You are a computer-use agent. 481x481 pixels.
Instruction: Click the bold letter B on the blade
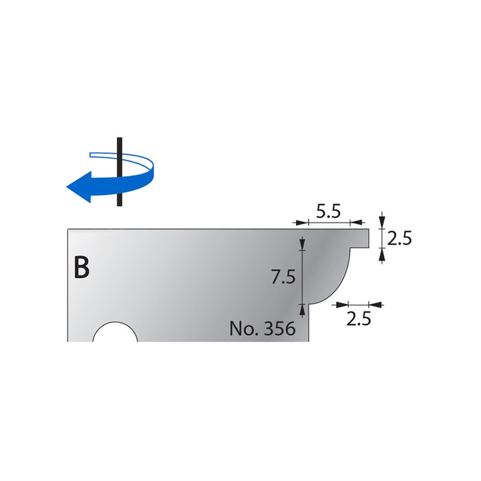(81, 267)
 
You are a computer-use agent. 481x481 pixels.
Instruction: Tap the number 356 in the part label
(277, 329)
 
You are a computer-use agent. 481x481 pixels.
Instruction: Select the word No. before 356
(243, 329)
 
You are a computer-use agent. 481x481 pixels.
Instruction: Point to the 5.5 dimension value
(329, 212)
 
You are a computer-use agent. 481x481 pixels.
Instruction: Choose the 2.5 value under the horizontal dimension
(359, 319)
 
